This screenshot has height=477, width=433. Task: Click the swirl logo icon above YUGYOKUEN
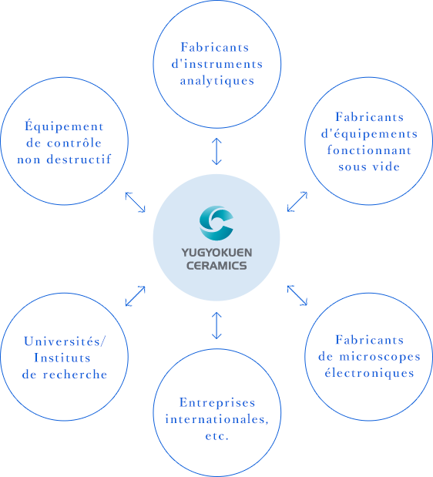pos(216,223)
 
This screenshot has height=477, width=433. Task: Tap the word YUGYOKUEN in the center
pos(216,253)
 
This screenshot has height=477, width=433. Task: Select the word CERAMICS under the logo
pos(216,266)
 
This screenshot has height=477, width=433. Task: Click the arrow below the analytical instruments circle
pos(216,151)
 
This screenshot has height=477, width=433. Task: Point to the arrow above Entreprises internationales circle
pos(216,325)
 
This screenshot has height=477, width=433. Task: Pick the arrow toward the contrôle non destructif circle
pos(136,202)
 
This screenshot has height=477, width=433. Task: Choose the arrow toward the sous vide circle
pos(297,202)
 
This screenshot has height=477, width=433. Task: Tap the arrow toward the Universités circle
pos(136,296)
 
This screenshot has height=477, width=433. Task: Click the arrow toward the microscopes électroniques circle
pos(297,295)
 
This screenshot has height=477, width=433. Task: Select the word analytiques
pos(217,81)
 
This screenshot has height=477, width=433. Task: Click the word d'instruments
pos(217,64)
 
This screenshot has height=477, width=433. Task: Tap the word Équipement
pos(64,126)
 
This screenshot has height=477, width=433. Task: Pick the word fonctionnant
pos(369,150)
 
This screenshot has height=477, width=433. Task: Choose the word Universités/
pos(64,341)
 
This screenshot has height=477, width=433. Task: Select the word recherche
pos(75,375)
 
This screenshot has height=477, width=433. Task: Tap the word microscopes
pos(380,357)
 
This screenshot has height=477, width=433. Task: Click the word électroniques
pos(370,373)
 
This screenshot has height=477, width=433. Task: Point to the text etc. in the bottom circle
pos(216,436)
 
